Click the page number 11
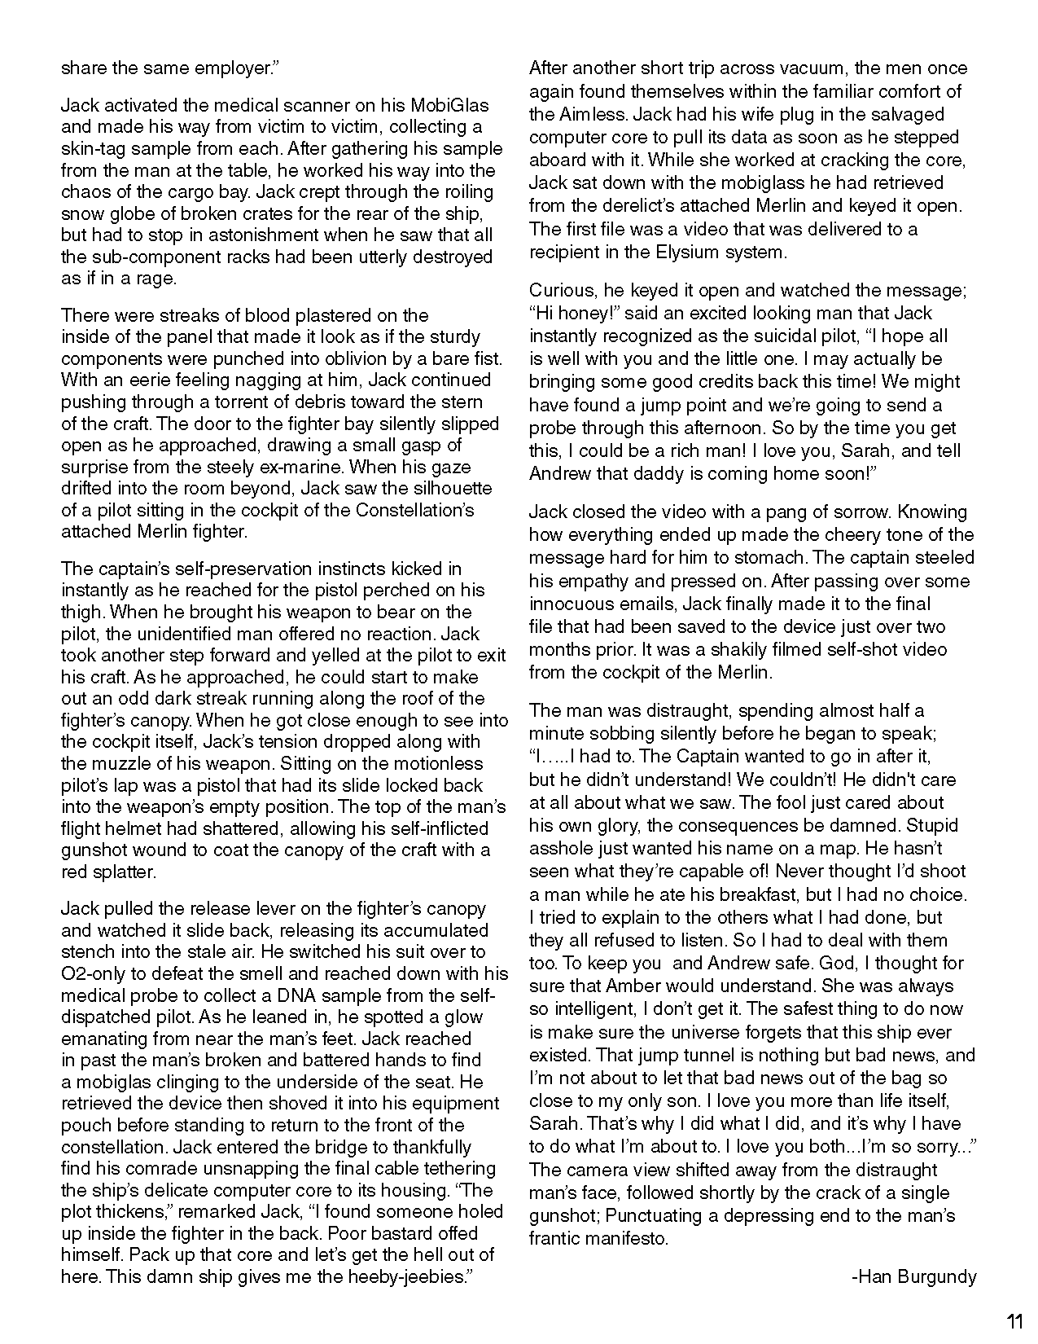pyautogui.click(x=1014, y=1320)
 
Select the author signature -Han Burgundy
pyautogui.click(x=913, y=1276)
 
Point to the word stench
pyautogui.click(x=88, y=951)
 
